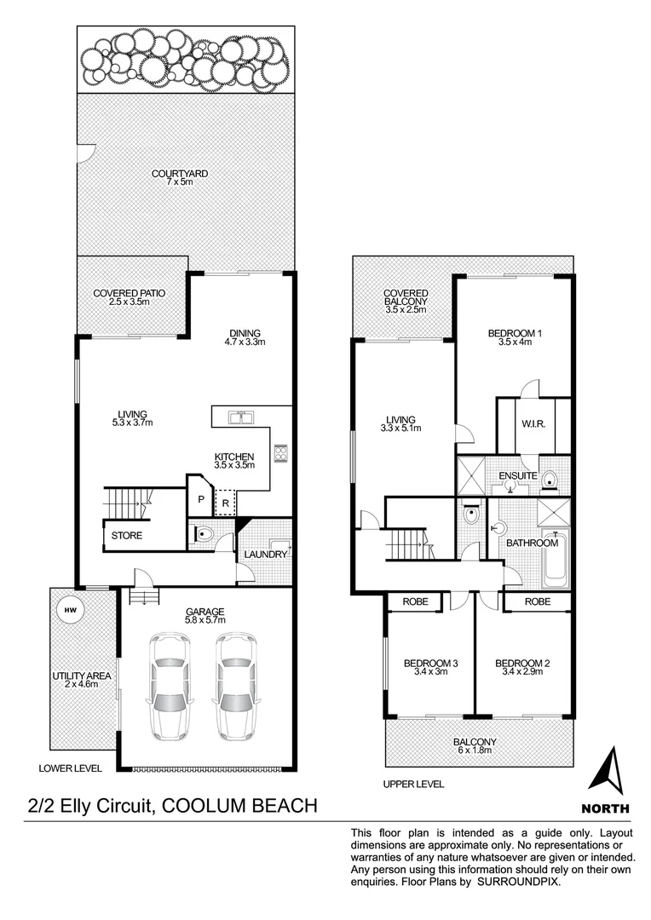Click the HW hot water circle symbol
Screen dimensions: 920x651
[x=67, y=609]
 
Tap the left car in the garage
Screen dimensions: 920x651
[x=169, y=686]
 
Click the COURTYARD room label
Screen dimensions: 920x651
[x=180, y=174]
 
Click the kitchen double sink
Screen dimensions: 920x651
[x=242, y=417]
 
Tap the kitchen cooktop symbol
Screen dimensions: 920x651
[x=279, y=452]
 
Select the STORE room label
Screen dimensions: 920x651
[x=126, y=536]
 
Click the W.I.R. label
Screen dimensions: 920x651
[x=533, y=424]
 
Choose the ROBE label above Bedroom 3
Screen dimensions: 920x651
[x=414, y=601]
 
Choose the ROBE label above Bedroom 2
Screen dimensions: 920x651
[x=537, y=601]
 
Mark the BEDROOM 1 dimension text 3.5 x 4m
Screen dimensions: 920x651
[x=515, y=343]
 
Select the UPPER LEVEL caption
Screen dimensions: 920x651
[x=415, y=784]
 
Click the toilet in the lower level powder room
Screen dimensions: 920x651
[x=205, y=536]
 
